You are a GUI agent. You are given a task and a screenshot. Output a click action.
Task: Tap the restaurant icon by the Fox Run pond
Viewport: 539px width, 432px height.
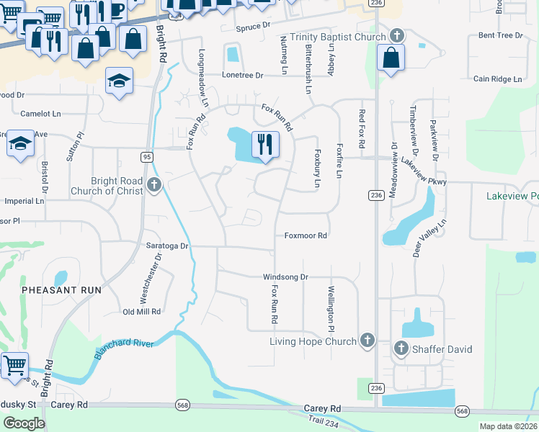(264, 143)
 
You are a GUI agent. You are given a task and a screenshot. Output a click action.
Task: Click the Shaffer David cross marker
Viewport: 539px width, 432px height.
(401, 349)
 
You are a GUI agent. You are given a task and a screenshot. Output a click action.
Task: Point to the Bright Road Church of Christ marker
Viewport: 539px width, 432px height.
(153, 186)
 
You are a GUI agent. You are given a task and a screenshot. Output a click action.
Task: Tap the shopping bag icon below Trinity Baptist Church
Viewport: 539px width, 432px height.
(390, 59)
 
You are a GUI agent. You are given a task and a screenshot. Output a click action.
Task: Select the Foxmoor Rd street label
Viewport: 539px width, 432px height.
(306, 235)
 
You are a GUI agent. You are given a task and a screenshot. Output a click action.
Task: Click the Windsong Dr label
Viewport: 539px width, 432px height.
(285, 276)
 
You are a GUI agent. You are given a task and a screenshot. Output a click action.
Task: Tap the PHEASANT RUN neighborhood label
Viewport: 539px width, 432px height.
(61, 289)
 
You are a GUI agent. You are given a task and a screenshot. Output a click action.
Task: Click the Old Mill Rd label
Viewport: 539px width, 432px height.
(141, 312)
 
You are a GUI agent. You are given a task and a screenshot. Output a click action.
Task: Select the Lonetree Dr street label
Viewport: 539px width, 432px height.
(243, 75)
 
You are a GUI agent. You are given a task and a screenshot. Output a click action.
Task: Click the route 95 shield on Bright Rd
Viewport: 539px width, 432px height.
(147, 156)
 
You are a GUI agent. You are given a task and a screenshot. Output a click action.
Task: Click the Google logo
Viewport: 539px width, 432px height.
(24, 423)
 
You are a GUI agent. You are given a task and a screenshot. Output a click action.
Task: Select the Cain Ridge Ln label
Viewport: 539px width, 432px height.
(497, 78)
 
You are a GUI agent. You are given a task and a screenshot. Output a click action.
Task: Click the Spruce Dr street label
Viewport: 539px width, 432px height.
(257, 27)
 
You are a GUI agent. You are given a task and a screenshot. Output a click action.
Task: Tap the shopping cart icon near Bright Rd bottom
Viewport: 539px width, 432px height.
(14, 364)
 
